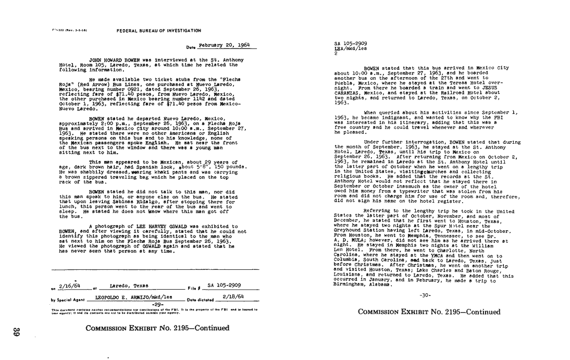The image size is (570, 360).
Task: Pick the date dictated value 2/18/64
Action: (x=233, y=296)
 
